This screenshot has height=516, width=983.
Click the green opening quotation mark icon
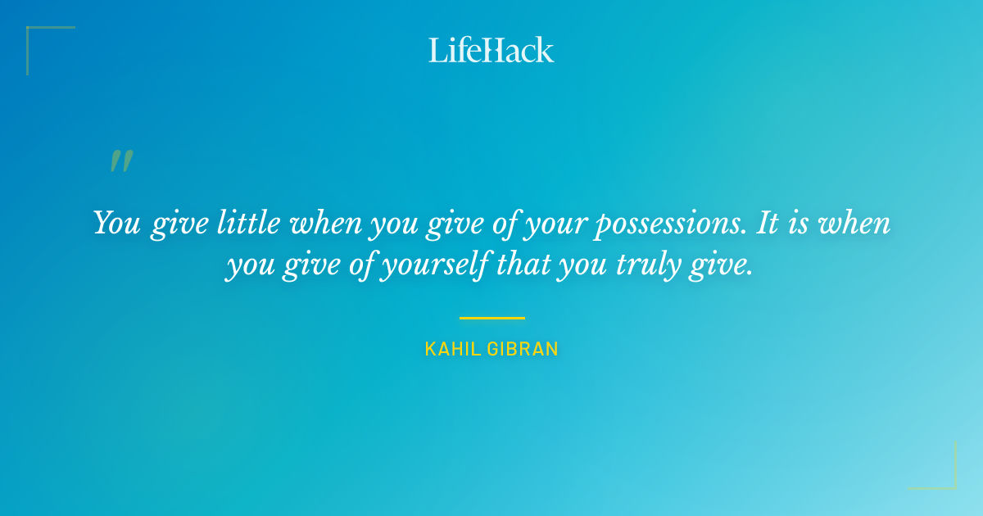121,161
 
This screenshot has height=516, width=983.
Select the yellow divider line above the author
491,318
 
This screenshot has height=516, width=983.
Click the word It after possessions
767,223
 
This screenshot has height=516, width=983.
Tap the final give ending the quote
725,267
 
